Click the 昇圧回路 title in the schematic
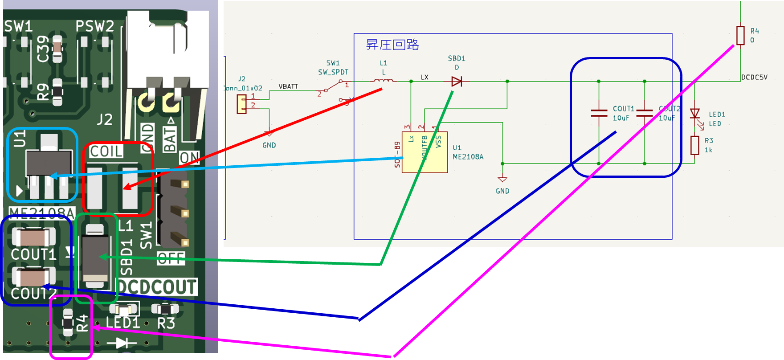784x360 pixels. (392, 45)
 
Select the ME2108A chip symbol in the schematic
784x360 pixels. (425, 152)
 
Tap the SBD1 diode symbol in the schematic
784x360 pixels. (457, 82)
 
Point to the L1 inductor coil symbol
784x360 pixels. (383, 81)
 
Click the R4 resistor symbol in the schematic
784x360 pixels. (740, 35)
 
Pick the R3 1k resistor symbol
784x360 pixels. (695, 145)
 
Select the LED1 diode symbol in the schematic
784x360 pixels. (695, 114)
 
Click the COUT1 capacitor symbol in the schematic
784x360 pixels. (599, 113)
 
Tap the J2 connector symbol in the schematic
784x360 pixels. (241, 105)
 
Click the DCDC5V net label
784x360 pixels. (754, 77)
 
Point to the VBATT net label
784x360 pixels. (288, 86)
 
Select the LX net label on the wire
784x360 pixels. (425, 77)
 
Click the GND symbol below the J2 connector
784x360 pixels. (269, 134)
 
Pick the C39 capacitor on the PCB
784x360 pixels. (57, 49)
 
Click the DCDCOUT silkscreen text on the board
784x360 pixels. (157, 287)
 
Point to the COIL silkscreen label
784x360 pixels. (106, 151)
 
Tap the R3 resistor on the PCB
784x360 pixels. (165, 309)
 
